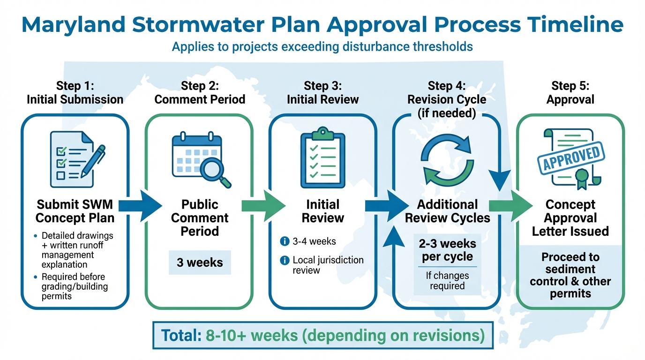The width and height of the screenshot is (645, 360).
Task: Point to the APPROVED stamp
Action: (570, 157)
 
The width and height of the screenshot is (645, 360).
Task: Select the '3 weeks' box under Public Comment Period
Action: (200, 262)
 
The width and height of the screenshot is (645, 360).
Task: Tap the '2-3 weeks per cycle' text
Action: (447, 250)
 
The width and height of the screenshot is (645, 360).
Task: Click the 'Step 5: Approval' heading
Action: (570, 92)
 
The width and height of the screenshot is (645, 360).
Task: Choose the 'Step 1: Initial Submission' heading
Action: (75, 92)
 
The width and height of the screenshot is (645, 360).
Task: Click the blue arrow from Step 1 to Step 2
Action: (140, 205)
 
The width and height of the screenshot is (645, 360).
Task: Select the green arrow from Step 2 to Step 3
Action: (264, 205)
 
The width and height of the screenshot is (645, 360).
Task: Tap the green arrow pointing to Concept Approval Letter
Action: (510, 205)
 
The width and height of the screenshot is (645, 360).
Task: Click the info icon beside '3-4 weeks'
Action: (284, 242)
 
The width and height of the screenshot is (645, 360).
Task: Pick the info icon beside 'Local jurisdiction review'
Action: (284, 260)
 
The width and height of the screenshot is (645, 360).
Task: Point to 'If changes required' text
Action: (447, 280)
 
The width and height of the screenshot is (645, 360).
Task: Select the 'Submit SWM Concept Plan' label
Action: (75, 211)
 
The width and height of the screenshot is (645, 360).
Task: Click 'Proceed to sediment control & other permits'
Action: (570, 276)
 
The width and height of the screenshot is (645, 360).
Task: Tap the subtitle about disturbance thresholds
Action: (322, 47)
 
